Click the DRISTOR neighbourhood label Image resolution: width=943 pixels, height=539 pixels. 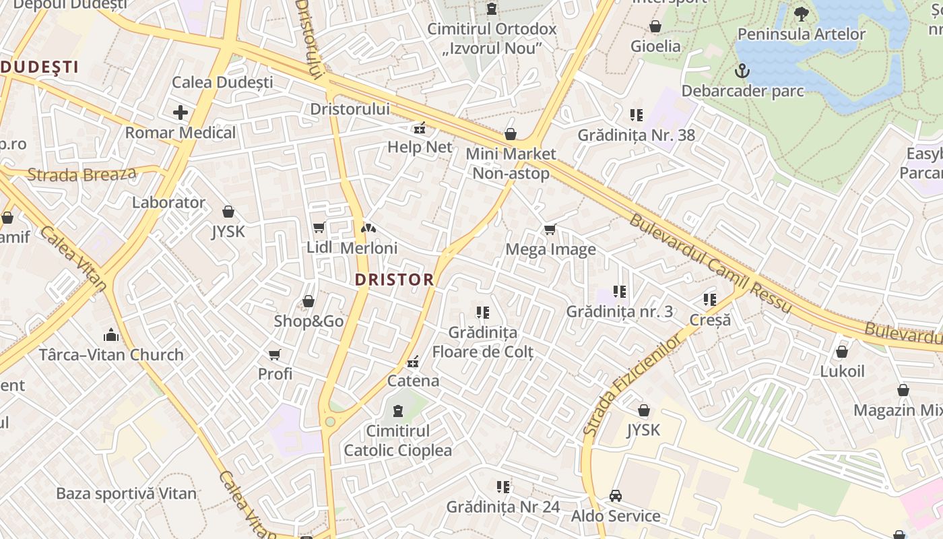(x=394, y=280)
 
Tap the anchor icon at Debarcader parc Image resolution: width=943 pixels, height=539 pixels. (x=742, y=70)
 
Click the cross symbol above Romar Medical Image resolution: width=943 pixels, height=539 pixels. (x=181, y=113)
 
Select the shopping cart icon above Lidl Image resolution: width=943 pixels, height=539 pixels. (x=319, y=228)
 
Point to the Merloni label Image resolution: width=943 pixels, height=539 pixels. (x=368, y=248)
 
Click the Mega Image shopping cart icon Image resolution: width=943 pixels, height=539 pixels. (x=550, y=230)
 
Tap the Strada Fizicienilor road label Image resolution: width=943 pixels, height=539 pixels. (x=632, y=385)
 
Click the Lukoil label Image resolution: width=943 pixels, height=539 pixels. (x=842, y=371)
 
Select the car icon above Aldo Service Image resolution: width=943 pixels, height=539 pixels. (x=615, y=496)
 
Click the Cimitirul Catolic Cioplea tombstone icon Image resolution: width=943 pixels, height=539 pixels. (x=397, y=410)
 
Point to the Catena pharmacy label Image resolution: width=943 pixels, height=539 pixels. (x=413, y=381)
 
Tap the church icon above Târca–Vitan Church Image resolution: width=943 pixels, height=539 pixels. (x=110, y=335)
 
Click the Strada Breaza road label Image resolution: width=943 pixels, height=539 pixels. (x=82, y=175)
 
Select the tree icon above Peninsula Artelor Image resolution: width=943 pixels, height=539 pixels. (x=801, y=13)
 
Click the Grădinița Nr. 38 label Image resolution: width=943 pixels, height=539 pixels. (x=636, y=135)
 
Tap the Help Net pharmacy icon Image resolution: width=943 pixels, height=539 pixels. (x=419, y=127)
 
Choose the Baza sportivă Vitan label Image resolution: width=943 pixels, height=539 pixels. (x=126, y=493)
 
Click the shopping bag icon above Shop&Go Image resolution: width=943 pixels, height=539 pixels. (x=308, y=301)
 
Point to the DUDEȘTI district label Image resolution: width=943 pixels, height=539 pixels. (x=39, y=67)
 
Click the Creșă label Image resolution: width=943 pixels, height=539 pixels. (x=710, y=319)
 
